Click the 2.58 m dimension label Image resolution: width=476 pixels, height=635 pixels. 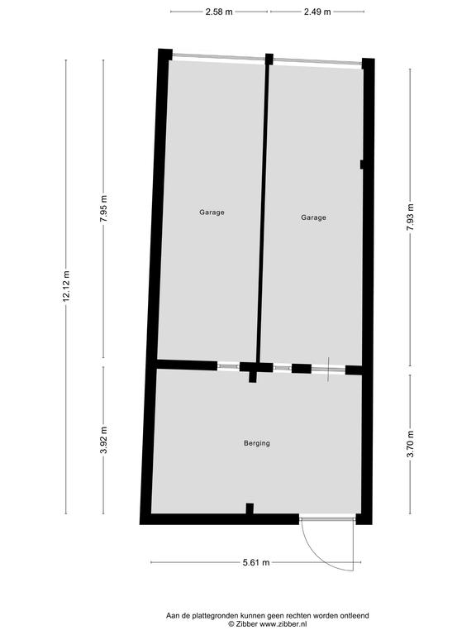[219, 12]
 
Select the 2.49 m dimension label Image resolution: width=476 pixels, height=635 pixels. [317, 12]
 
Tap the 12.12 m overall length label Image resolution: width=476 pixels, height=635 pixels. [66, 286]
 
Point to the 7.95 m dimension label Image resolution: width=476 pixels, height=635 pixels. [103, 208]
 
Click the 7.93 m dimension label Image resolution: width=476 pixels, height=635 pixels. [411, 217]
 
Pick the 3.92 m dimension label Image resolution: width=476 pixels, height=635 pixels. [103, 440]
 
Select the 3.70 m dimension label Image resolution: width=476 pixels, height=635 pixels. [411, 443]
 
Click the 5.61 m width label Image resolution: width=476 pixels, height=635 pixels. [256, 562]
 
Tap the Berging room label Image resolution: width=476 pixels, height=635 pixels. [257, 443]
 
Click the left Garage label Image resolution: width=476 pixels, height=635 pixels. [212, 212]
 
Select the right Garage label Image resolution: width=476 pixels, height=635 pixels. [313, 217]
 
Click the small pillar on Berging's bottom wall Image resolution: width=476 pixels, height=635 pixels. [250, 508]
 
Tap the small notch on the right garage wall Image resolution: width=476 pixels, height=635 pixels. [361, 165]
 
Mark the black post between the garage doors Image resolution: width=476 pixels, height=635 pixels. [269, 60]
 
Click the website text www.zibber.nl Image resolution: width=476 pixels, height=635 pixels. [283, 624]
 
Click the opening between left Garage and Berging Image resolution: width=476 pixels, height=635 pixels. [228, 366]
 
